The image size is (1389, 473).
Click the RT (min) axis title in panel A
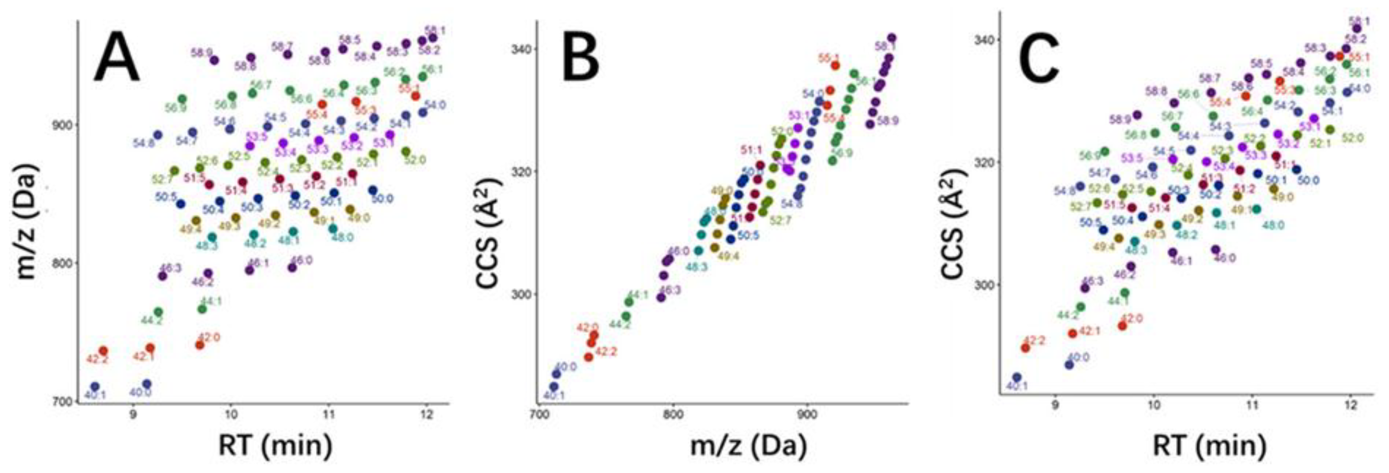coord(275,446)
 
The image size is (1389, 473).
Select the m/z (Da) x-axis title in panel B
coord(749,446)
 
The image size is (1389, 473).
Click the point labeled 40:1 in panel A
coord(95,387)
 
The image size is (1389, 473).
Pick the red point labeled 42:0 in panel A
coord(199,345)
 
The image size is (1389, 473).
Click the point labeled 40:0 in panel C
coord(1069,365)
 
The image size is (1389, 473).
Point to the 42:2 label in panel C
coord(1034,340)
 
